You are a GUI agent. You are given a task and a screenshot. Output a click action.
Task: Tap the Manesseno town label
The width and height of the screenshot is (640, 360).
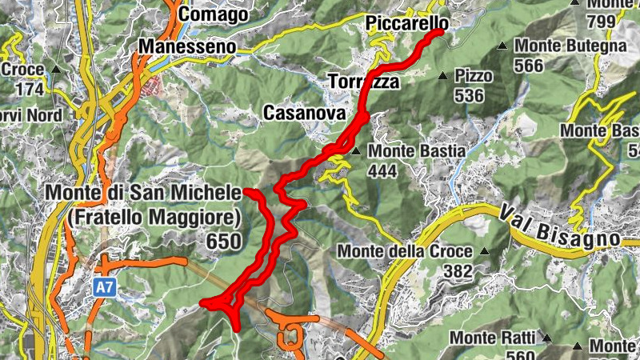tap(188, 47)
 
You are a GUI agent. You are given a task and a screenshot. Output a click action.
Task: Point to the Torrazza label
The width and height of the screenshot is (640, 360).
tap(363, 81)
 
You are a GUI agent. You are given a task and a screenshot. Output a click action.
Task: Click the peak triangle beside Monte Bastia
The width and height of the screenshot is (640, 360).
tap(355, 150)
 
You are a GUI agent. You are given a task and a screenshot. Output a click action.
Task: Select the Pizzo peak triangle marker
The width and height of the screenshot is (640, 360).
tap(442, 77)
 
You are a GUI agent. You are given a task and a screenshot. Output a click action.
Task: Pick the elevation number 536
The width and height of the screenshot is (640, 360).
tap(469, 96)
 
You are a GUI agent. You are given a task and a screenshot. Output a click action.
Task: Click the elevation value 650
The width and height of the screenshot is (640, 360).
tap(224, 241)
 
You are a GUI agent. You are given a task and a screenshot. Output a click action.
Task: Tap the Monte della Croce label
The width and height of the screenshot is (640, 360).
tap(407, 251)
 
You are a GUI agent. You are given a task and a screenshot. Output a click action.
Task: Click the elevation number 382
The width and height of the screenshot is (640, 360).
tap(458, 272)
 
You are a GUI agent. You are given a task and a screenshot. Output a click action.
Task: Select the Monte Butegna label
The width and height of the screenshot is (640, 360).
tap(570, 46)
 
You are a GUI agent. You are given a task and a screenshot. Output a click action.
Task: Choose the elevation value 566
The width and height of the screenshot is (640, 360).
tap(530, 66)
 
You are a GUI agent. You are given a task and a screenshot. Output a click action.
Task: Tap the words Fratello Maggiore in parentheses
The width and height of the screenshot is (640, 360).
tap(155, 217)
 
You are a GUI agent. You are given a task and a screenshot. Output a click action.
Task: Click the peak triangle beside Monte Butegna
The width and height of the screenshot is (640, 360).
tap(502, 46)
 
